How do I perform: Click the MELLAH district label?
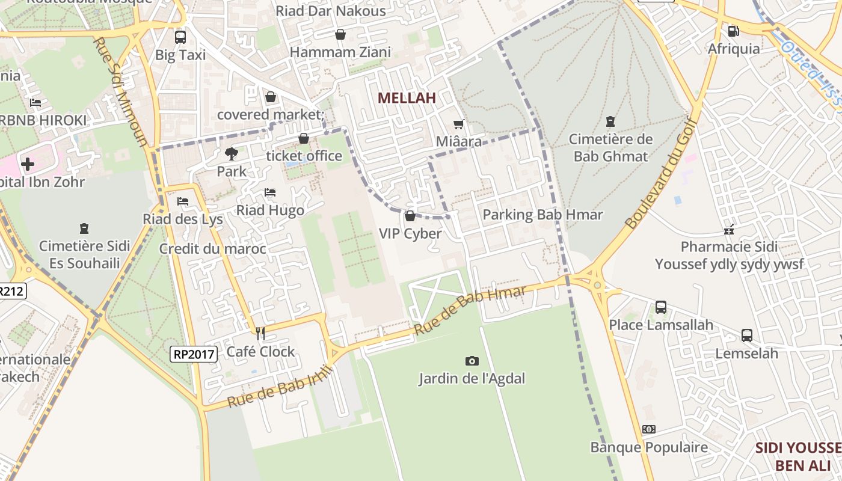tap(407, 98)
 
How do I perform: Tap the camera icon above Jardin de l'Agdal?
tap(472, 361)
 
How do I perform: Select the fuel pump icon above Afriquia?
tap(733, 31)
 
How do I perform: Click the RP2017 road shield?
tap(193, 354)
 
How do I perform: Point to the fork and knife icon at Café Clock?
tap(260, 333)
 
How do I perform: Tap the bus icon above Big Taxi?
tap(180, 37)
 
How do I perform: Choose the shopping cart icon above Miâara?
tap(459, 124)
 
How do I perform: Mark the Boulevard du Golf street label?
tap(660, 174)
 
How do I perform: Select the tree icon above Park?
tap(231, 153)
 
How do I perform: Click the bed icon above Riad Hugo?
tap(270, 192)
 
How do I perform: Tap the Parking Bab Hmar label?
tap(542, 215)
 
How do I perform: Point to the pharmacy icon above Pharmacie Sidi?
tap(729, 229)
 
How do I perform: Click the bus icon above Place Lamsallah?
tap(660, 307)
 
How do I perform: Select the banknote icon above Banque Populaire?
tap(648, 429)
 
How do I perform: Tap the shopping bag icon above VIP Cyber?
tap(410, 216)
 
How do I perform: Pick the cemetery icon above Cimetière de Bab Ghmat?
tap(610, 121)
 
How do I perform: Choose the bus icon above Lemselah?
tap(746, 335)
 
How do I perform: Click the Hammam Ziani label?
tap(340, 52)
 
